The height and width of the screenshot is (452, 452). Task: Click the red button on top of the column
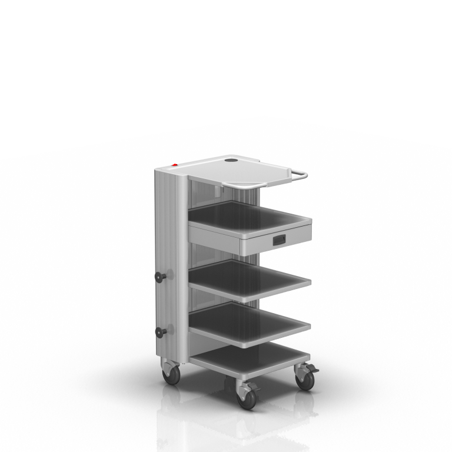(174, 165)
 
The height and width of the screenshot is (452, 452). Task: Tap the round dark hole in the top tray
(232, 159)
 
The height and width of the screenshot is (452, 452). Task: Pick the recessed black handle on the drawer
(278, 240)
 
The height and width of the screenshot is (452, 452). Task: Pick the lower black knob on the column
(159, 332)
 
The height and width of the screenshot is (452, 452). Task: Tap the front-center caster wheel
(246, 398)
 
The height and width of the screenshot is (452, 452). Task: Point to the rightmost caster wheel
(305, 380)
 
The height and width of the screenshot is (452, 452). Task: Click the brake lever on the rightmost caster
(313, 369)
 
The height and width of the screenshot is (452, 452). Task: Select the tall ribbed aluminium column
(171, 259)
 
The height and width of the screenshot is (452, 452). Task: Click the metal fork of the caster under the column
(170, 367)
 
